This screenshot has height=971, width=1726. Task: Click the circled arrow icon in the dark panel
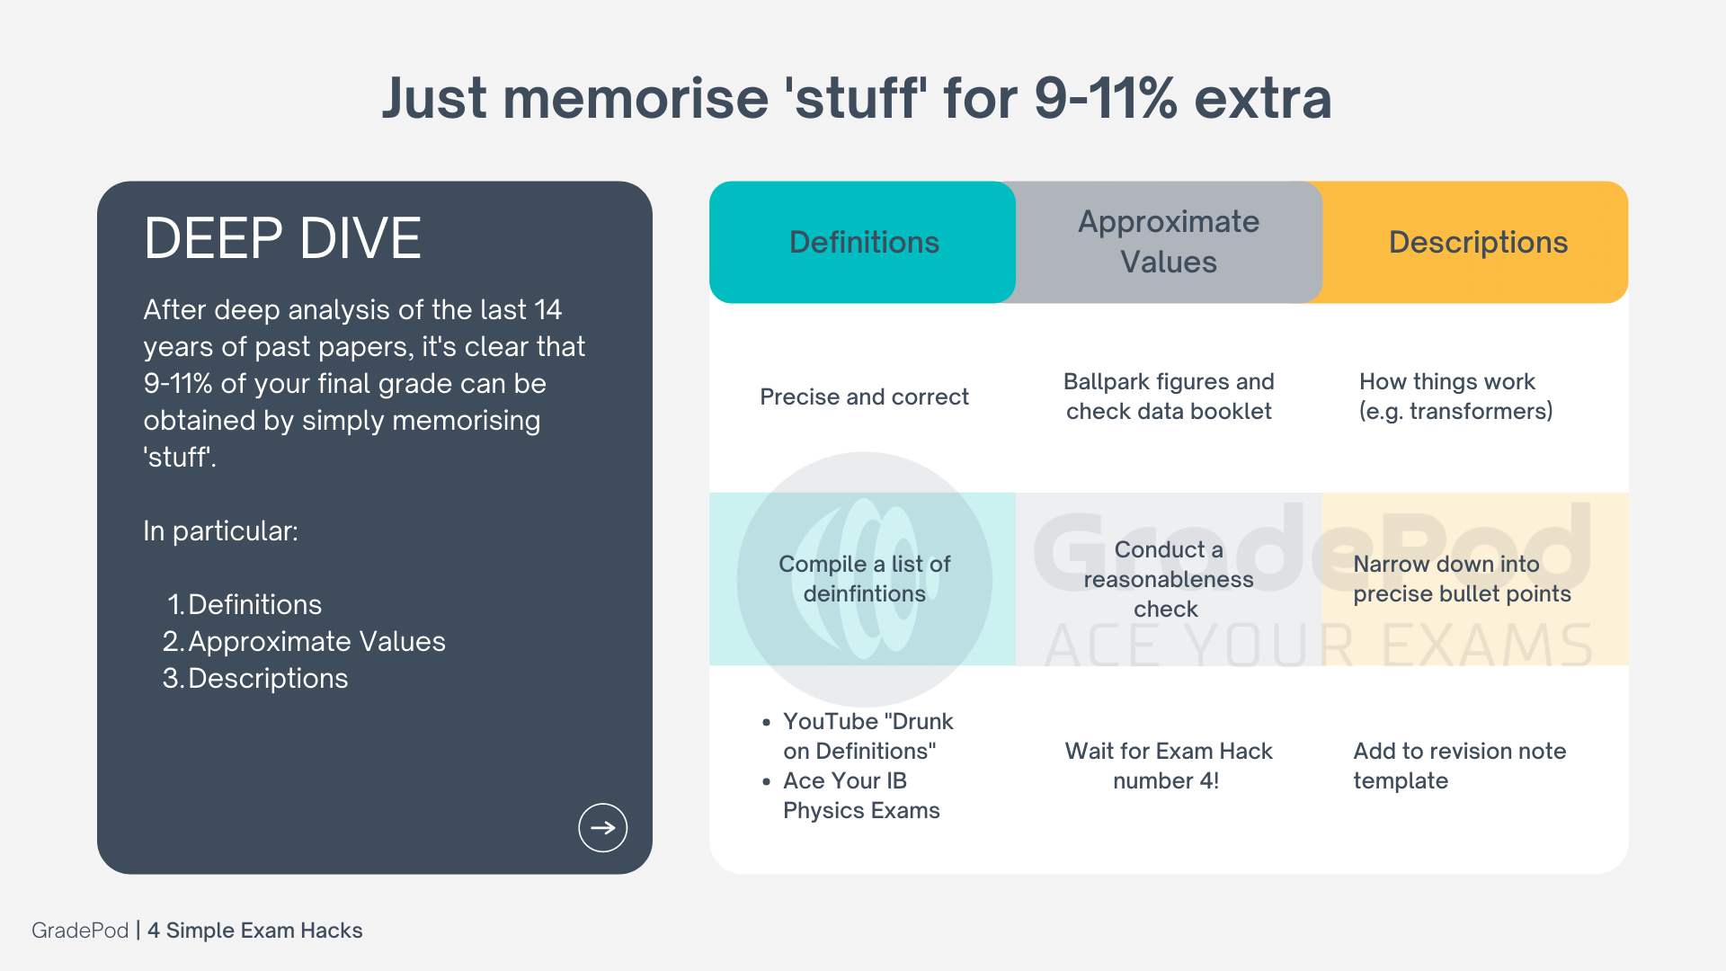(602, 827)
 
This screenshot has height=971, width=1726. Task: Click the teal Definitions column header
(863, 242)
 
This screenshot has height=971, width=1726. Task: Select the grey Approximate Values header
(1169, 242)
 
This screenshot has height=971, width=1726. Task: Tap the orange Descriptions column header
(1476, 242)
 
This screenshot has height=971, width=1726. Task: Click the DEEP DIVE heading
(282, 238)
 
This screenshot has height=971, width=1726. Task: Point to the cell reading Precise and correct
(864, 396)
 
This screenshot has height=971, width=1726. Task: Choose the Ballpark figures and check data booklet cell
(1169, 396)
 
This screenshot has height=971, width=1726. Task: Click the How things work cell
(1456, 396)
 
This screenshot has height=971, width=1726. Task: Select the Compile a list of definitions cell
(864, 578)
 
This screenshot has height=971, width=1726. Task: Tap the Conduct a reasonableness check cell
(1168, 579)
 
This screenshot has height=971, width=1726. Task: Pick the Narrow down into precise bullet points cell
(1462, 578)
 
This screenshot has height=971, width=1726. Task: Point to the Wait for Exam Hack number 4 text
(1168, 765)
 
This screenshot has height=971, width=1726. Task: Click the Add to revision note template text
(1459, 765)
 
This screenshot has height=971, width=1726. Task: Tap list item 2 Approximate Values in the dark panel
(304, 641)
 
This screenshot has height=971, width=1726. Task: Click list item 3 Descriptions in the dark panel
(255, 678)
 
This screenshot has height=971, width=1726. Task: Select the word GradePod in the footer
(80, 931)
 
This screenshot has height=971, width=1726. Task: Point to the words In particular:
(220, 530)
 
